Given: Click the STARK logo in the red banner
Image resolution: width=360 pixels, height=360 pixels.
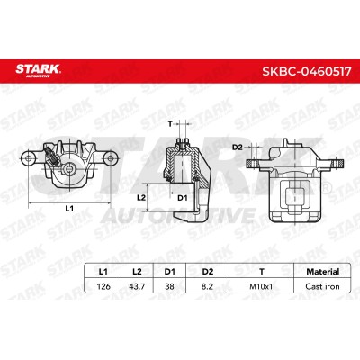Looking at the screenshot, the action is coord(38,71).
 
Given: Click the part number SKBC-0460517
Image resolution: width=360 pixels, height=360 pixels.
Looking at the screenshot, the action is coord(307,71).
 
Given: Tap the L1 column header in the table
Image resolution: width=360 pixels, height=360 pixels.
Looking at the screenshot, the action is coord(103,272).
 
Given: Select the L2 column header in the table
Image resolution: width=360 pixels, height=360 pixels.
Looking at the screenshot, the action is coord(137,272).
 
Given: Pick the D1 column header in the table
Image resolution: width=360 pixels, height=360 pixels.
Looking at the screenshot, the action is coord(169,272).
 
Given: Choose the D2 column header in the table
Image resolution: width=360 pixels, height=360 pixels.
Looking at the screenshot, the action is coord(208,272).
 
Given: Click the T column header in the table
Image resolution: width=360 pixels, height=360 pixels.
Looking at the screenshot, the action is coord(262,272).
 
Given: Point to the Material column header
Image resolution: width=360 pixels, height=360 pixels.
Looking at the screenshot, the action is coord(322,272).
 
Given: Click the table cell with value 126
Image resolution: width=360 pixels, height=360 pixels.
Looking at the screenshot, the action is coord(103,286).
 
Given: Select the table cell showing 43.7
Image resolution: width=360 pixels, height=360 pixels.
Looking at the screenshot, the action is coord(137,286).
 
